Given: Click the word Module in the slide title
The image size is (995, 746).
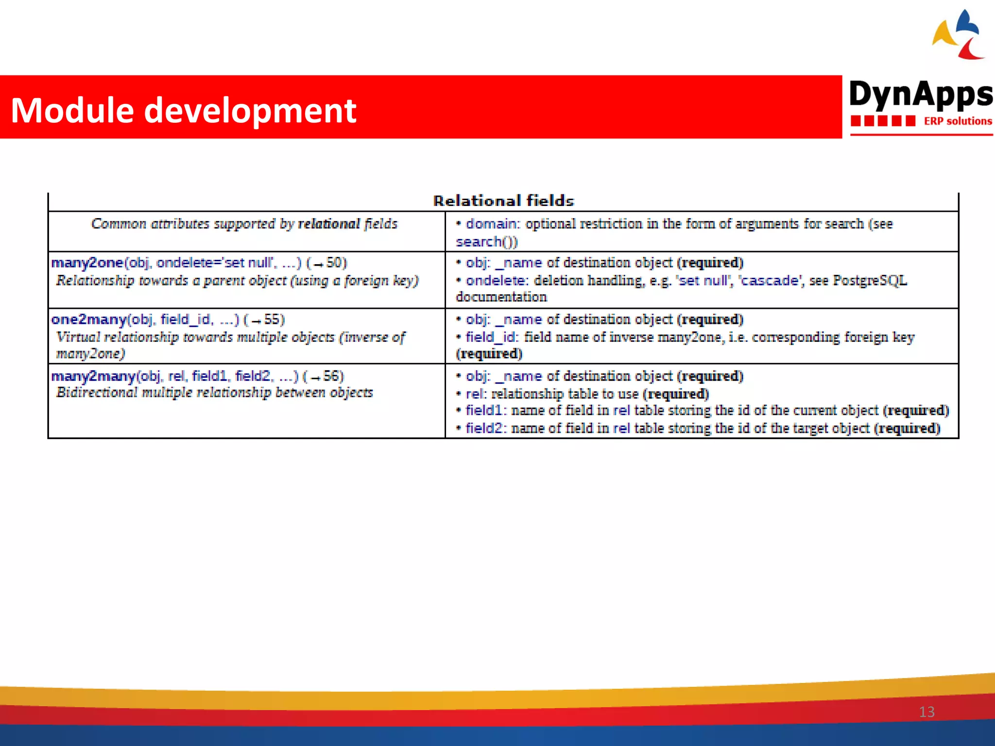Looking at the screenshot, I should click(x=72, y=110).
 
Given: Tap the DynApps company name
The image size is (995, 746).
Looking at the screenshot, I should click(x=920, y=94).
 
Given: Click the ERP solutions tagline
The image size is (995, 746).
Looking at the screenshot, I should click(x=957, y=121).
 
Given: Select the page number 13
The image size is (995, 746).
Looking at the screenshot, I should click(x=926, y=712).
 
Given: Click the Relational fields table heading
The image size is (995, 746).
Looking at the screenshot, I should click(x=503, y=201).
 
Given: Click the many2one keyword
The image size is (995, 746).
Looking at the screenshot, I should click(x=87, y=263).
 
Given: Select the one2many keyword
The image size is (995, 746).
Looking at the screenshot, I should click(x=88, y=320).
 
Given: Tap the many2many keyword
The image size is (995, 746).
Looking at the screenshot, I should click(x=93, y=376).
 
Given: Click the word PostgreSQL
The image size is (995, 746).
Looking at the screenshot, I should click(x=870, y=281).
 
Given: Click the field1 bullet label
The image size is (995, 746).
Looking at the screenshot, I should click(x=484, y=411).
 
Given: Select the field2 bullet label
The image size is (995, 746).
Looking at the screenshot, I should click(x=484, y=428).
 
